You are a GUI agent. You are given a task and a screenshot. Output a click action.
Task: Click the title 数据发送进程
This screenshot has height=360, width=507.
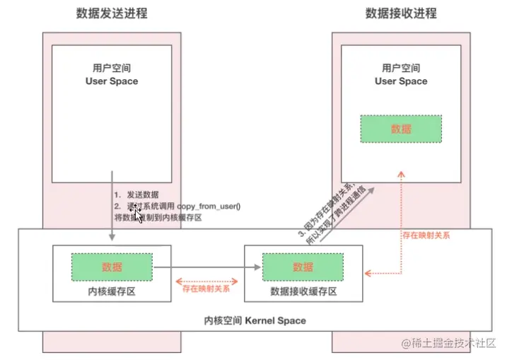coord(112,13)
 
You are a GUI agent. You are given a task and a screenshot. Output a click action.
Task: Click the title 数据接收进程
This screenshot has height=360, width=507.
coord(401,13)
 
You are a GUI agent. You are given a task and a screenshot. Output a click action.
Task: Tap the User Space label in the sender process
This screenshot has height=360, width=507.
coord(112,81)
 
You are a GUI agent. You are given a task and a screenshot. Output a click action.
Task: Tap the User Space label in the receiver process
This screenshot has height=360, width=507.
coord(401,81)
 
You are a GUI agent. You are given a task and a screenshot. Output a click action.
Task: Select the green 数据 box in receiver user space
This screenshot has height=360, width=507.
coord(401,129)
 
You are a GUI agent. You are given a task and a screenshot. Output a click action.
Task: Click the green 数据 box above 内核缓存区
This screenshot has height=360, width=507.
coord(112,267)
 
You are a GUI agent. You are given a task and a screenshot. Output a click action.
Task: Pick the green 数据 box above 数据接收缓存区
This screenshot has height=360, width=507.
coord(303,267)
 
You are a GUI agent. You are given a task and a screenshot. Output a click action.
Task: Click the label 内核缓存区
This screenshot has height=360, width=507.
coord(112,291)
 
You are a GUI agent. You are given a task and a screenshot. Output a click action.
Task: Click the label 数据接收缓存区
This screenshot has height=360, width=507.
coord(303,291)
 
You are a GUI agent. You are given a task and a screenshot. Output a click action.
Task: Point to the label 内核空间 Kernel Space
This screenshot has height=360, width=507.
coord(255,320)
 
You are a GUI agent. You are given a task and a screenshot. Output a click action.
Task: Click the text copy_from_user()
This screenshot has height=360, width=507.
coord(209,205)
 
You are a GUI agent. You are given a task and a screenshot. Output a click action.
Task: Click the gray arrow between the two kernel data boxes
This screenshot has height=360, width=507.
coord(205,267)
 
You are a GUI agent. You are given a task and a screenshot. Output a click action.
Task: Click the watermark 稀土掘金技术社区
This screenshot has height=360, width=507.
coord(450,344)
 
